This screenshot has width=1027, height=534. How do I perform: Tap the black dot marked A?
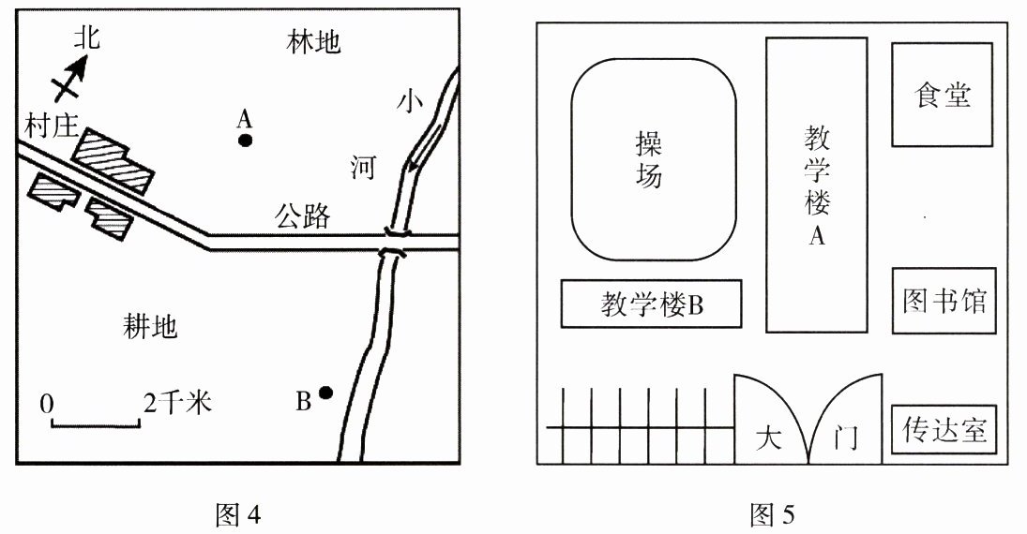click(246, 141)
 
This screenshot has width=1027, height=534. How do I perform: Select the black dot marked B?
click(325, 393)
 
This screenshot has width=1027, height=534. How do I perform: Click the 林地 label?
click(313, 42)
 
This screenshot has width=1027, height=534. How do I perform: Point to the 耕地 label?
click(150, 326)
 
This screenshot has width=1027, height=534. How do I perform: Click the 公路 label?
click(302, 216)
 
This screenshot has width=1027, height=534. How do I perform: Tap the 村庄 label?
click(51, 126)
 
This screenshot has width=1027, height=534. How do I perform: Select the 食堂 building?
click(942, 94)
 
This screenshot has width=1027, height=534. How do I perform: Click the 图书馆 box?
click(944, 301)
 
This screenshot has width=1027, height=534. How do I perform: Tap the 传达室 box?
click(944, 430)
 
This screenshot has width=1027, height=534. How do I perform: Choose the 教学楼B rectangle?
click(652, 304)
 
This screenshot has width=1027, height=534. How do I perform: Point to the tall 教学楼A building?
click(816, 185)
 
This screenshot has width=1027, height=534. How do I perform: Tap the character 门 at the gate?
click(845, 438)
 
